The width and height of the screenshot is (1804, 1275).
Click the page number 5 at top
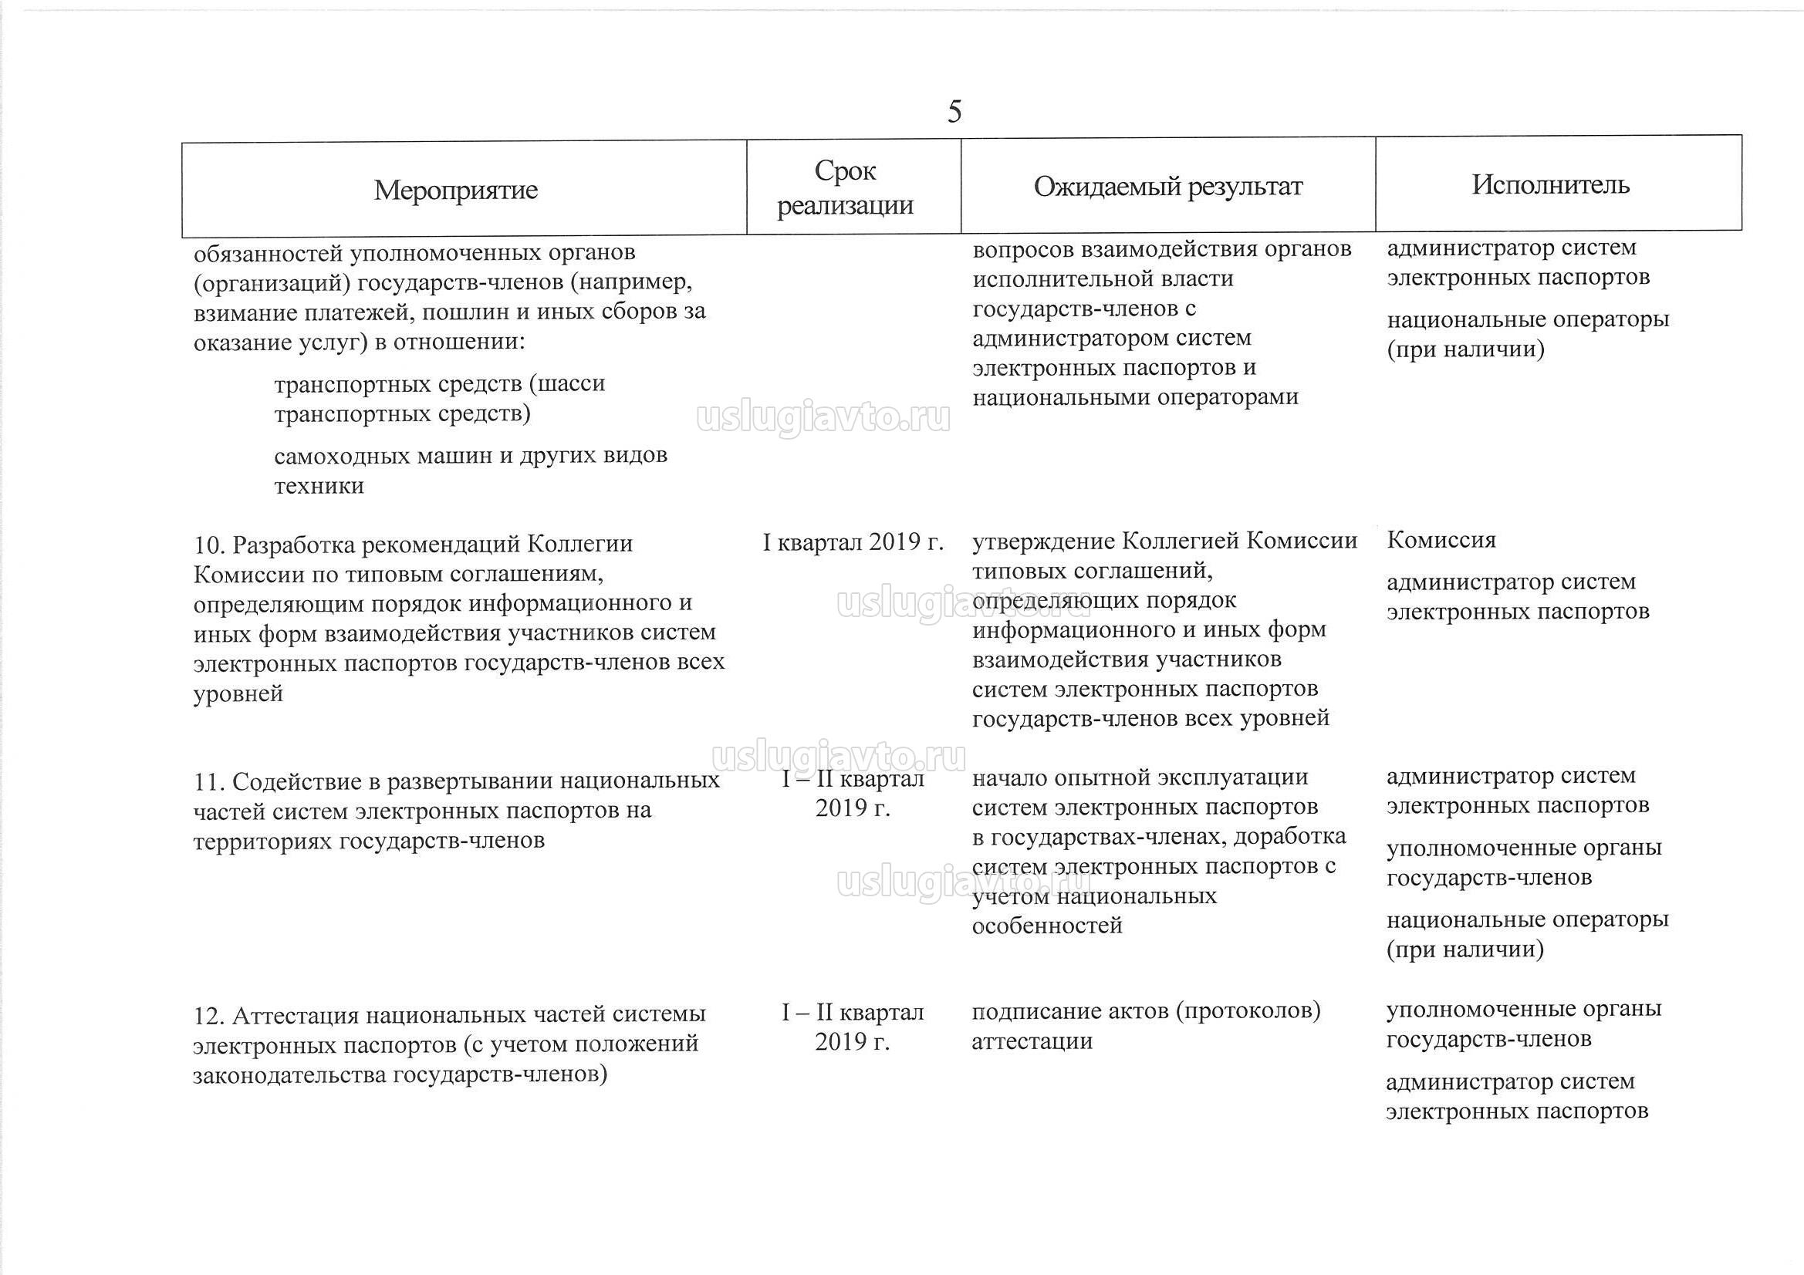(x=954, y=112)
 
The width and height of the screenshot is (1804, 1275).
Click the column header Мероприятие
(x=456, y=189)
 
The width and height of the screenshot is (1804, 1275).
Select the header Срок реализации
(x=846, y=187)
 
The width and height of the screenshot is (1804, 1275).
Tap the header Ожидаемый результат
(x=1167, y=186)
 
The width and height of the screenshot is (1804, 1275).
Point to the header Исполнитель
(x=1550, y=184)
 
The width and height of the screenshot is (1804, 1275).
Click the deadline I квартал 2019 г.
(x=853, y=542)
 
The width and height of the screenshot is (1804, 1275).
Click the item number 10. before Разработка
(x=210, y=545)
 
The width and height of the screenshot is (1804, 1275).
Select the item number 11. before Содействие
(x=209, y=781)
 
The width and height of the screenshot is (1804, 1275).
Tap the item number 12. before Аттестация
(x=210, y=1016)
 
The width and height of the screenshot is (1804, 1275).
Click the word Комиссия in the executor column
(x=1441, y=540)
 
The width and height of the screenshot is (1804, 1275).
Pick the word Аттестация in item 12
(x=296, y=1016)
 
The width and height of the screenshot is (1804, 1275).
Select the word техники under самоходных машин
(x=318, y=485)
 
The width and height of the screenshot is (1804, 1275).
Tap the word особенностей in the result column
(x=1046, y=926)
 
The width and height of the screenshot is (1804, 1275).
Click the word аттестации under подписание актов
(x=1032, y=1042)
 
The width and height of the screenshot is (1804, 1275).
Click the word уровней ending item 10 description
(x=238, y=694)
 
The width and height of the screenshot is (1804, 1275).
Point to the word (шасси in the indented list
(x=566, y=384)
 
